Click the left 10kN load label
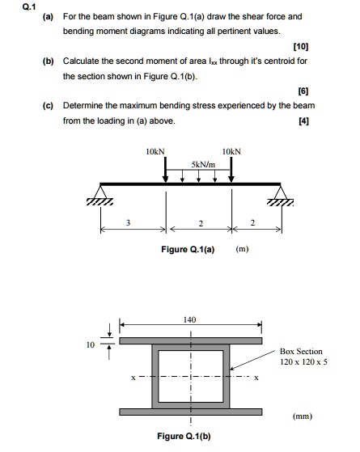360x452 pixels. (x=155, y=151)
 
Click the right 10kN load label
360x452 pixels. (x=231, y=151)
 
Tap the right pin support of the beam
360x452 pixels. (x=281, y=195)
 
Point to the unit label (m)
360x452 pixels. (x=241, y=250)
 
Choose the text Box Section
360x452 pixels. (x=301, y=352)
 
